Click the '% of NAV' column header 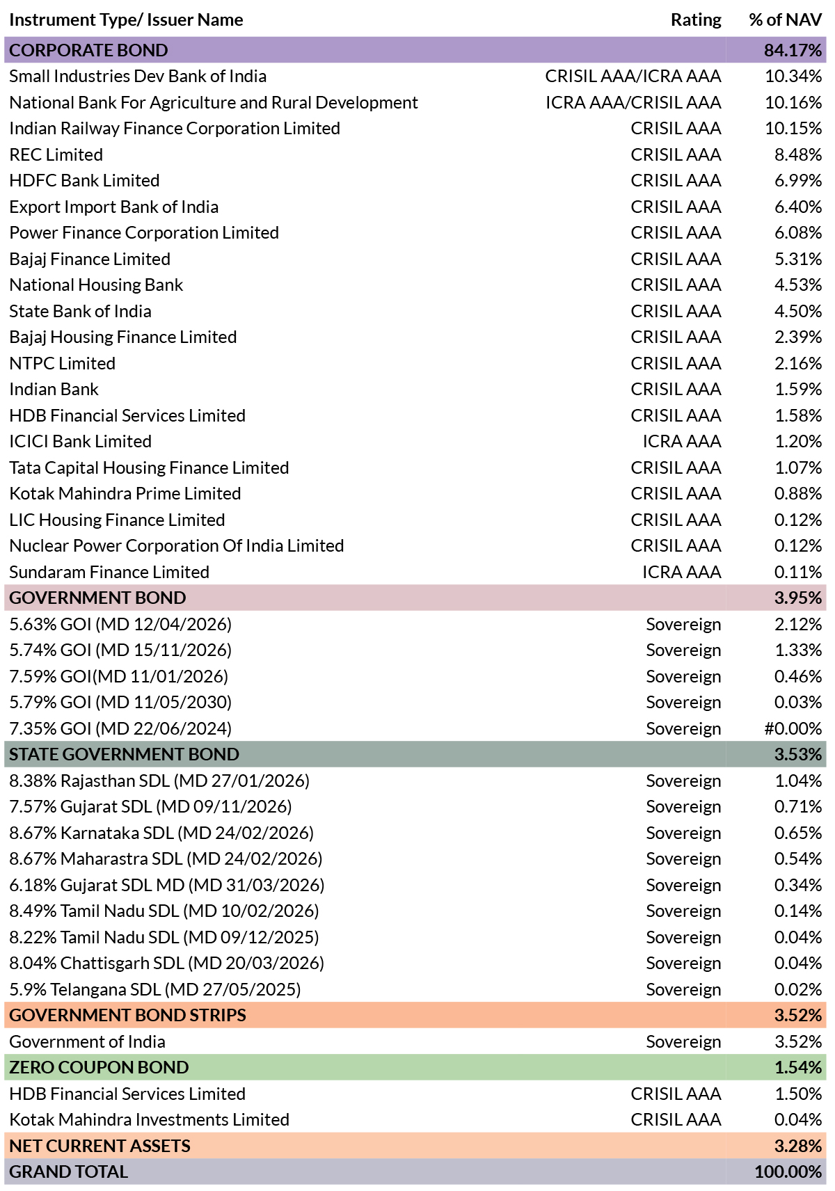point(785,19)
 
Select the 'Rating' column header point(696,19)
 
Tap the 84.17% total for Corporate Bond point(793,50)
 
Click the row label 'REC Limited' point(56,154)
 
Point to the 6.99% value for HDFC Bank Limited point(797,181)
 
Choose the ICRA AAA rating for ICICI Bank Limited point(682,441)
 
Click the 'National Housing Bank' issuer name point(96,285)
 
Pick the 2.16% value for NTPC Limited point(797,363)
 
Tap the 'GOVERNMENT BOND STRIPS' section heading point(127,1015)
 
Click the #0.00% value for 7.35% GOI point(793,728)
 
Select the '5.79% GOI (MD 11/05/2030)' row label point(121,703)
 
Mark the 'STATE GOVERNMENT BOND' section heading point(125,755)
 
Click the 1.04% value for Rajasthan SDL point(797,781)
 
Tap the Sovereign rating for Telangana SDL point(683,989)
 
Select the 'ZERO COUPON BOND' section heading point(99,1067)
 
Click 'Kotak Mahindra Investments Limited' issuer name point(150,1119)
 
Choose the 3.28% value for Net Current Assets point(797,1146)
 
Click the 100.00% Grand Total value point(788,1172)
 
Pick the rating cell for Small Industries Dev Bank point(633,77)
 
